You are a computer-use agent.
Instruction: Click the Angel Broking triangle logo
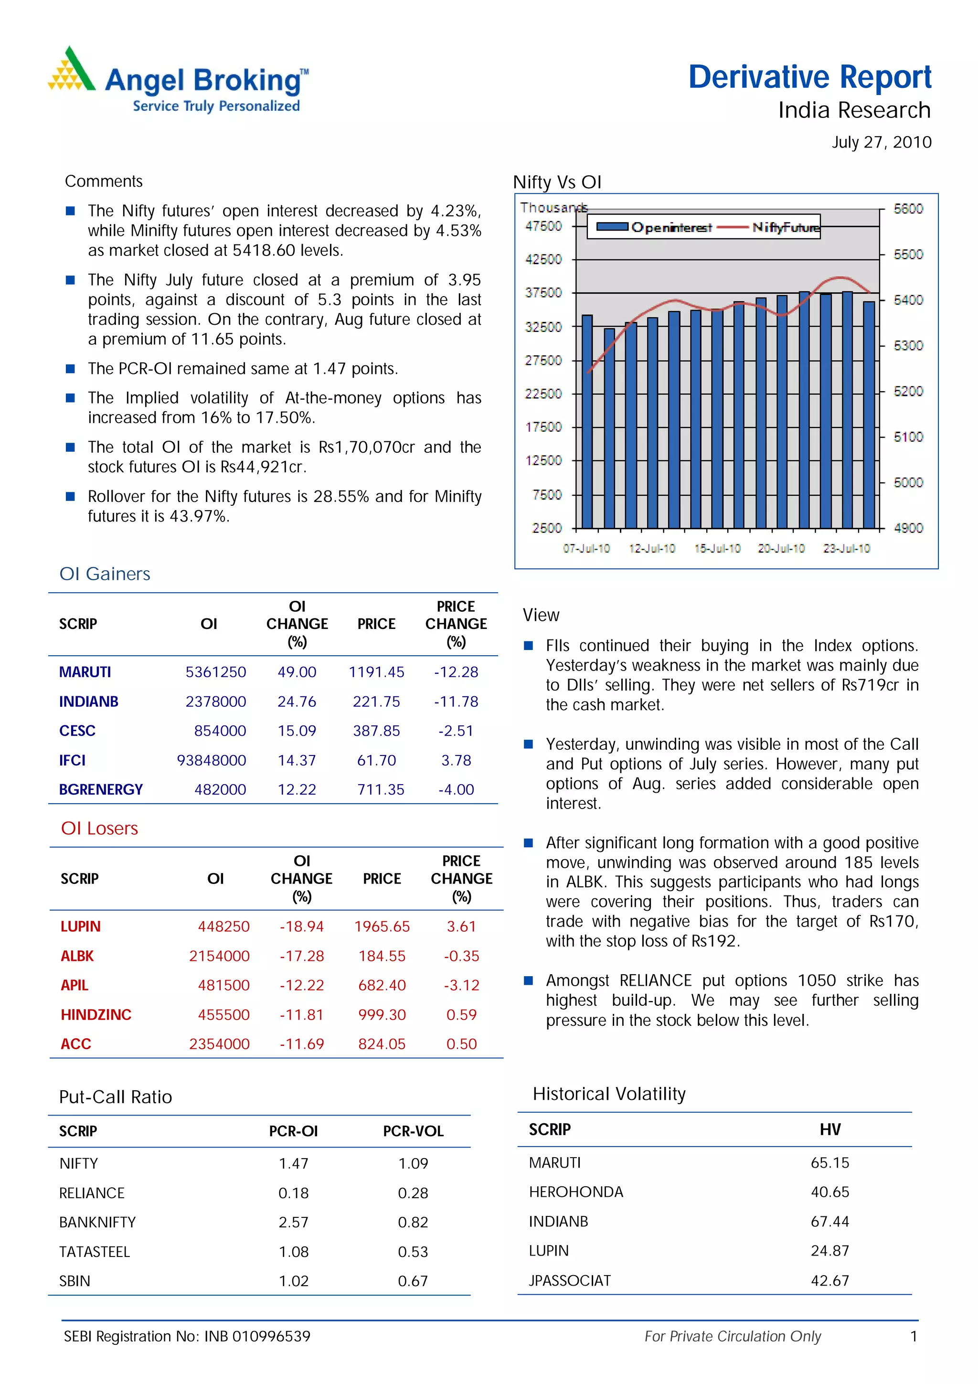[72, 69]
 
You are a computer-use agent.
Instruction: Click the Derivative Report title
[809, 78]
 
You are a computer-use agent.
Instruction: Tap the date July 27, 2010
[881, 142]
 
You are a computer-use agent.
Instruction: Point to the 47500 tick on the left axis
[543, 226]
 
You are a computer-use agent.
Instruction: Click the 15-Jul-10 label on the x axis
[717, 549]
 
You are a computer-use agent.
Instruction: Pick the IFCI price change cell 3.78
[456, 761]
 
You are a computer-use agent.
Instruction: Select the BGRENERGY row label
[101, 789]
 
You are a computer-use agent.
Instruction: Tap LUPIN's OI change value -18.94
[301, 926]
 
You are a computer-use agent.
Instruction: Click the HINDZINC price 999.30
[382, 1015]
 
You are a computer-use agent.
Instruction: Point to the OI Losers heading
[99, 829]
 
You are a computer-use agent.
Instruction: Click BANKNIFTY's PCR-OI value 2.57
[294, 1223]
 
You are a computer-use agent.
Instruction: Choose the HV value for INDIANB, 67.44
[830, 1222]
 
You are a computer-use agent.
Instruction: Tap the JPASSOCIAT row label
[569, 1281]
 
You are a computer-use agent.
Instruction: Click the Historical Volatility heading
[608, 1094]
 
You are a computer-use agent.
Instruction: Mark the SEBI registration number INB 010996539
[257, 1337]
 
